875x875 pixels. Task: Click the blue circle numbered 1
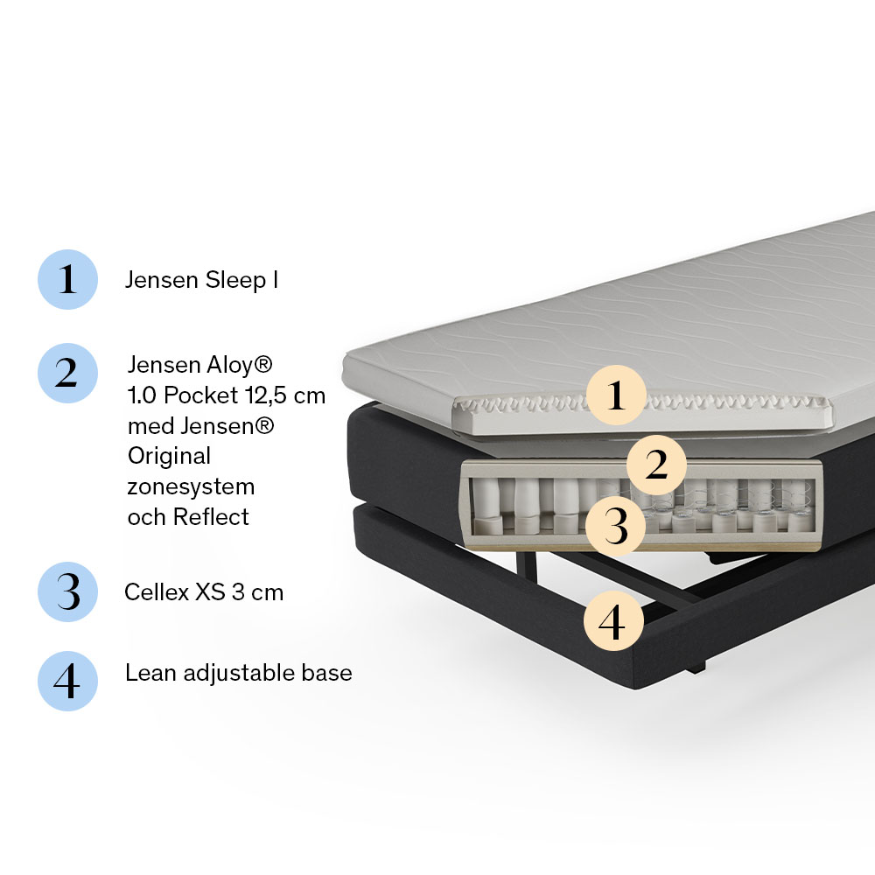67,280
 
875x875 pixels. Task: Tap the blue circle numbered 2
67,374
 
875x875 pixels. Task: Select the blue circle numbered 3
67,592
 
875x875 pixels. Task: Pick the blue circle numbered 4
67,682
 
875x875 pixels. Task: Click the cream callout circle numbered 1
616,395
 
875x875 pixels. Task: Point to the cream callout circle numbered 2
657,465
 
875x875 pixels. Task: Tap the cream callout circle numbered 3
615,526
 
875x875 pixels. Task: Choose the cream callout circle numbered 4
613,621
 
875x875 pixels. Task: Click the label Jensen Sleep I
201,280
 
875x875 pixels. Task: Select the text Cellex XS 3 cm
204,592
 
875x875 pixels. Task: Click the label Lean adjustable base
238,673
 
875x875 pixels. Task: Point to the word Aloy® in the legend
240,366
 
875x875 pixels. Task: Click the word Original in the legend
169,457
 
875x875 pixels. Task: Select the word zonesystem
191,487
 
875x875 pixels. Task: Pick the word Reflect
211,517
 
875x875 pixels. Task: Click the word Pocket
201,395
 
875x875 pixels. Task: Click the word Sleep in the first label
235,281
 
